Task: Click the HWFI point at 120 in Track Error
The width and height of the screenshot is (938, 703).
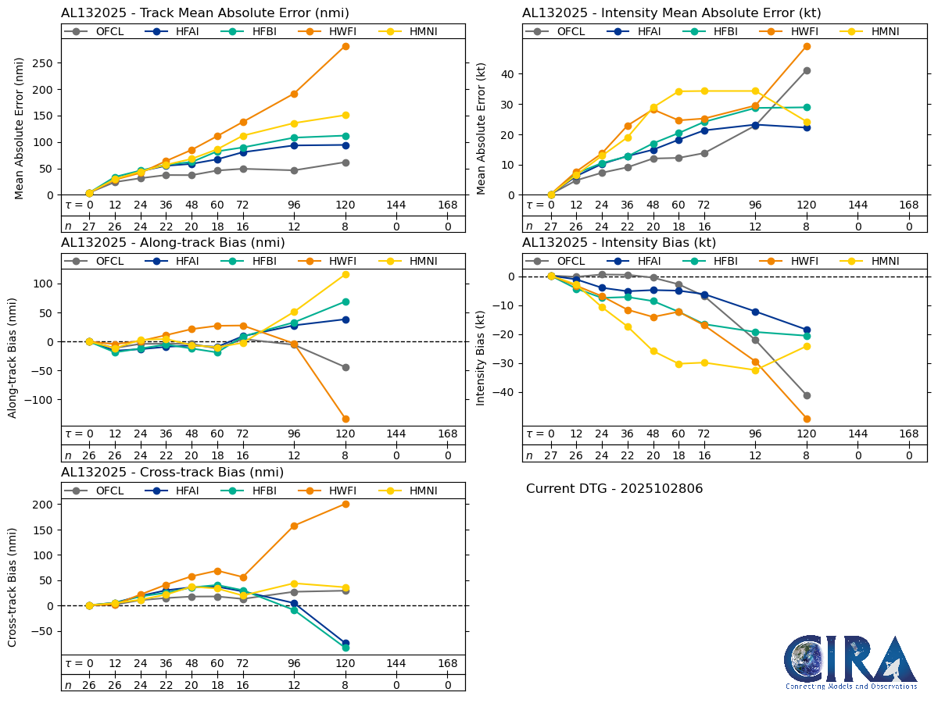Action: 345,46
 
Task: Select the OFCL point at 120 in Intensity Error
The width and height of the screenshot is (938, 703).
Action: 807,70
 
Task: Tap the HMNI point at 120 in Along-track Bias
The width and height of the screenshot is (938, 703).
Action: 345,274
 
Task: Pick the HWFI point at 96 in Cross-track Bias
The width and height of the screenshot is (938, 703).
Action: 294,526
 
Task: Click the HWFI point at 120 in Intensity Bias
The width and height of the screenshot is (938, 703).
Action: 807,419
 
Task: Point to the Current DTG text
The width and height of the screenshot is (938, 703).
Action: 614,489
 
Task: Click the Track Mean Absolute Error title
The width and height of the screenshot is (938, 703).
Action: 205,13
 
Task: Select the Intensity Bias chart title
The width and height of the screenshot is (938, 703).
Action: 619,243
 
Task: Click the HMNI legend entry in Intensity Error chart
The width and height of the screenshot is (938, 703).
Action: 876,31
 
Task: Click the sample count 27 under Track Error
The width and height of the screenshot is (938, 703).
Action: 89,226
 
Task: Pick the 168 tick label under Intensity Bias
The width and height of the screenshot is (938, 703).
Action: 908,434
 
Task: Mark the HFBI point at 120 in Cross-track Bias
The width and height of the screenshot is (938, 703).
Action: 345,648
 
